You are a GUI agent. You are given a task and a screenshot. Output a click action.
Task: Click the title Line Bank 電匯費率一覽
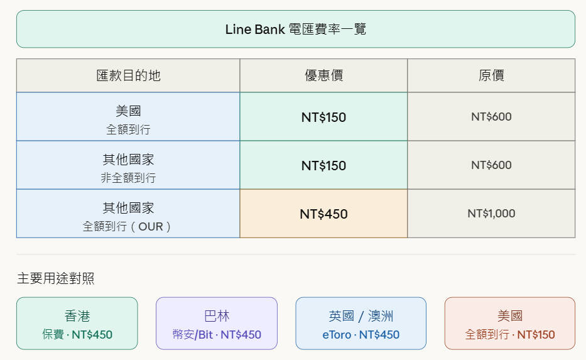click(295, 30)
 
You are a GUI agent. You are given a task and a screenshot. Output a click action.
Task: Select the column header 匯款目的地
click(128, 76)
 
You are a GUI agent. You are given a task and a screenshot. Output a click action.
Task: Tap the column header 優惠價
click(323, 76)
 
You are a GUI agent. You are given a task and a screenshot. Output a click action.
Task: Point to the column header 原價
click(491, 76)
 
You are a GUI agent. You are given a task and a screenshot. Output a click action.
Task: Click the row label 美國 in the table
click(128, 111)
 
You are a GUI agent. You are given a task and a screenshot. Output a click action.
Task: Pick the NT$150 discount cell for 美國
click(323, 117)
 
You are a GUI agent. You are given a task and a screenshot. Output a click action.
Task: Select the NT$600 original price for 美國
click(491, 116)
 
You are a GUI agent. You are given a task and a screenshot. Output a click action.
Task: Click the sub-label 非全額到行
click(128, 178)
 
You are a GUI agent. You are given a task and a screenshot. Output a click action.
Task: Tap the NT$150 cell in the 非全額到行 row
click(323, 165)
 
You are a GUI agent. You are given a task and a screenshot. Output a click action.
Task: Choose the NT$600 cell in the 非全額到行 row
click(491, 165)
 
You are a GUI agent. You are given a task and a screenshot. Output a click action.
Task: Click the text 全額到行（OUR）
click(128, 226)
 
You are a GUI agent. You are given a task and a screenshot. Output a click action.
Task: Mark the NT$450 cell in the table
click(323, 214)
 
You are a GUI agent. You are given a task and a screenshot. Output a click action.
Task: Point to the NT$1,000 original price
click(491, 214)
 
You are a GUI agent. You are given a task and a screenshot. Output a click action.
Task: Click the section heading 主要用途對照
click(56, 278)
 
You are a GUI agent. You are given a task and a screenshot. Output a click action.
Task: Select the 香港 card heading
click(77, 315)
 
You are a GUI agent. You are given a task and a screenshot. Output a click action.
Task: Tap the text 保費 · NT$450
click(77, 334)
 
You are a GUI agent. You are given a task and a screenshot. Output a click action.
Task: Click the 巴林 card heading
click(217, 315)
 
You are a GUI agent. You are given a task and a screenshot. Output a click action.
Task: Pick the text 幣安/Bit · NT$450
click(217, 334)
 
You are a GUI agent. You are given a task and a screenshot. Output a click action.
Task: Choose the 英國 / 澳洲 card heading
click(361, 315)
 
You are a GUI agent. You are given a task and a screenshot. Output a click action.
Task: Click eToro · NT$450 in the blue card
click(361, 334)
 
